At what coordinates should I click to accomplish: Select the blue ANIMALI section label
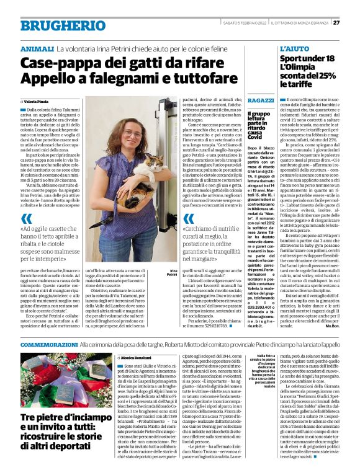click(x=37, y=48)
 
